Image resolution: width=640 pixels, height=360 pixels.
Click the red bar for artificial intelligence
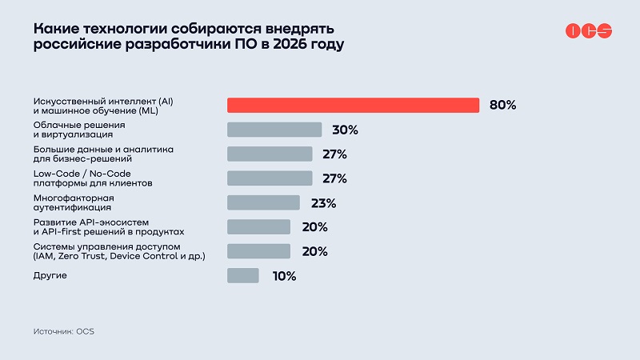click(x=353, y=105)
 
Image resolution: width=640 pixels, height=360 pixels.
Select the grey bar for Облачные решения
click(x=274, y=130)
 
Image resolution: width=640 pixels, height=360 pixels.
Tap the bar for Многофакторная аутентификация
click(x=263, y=202)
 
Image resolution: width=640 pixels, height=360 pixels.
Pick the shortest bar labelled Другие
click(x=243, y=275)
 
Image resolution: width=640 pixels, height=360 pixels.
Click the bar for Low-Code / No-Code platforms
click(x=270, y=178)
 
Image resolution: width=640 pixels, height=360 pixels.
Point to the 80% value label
click(x=503, y=105)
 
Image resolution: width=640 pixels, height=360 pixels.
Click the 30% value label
click(x=345, y=130)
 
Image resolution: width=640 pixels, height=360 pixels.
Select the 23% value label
click(x=322, y=202)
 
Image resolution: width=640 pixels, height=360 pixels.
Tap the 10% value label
click(x=283, y=276)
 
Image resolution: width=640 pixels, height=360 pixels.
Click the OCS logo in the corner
click(x=589, y=30)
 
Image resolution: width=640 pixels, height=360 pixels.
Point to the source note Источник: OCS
click(x=64, y=330)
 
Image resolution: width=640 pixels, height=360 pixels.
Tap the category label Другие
click(x=50, y=275)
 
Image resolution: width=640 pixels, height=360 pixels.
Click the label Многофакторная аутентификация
click(x=74, y=202)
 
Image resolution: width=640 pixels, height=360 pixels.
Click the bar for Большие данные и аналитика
click(x=270, y=154)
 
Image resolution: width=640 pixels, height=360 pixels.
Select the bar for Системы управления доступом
click(x=258, y=251)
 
